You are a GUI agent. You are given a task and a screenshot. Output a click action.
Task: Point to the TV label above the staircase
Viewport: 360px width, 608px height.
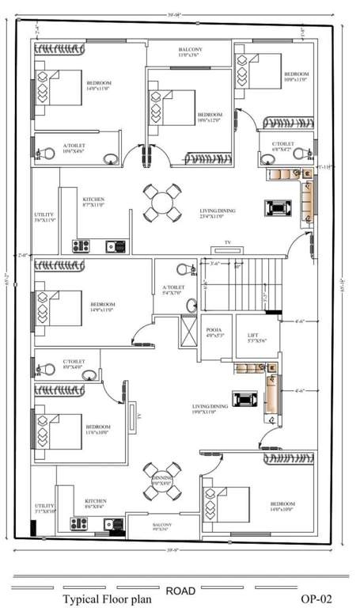(228, 241)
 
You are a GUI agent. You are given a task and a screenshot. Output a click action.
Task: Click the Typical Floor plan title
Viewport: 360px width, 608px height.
(107, 599)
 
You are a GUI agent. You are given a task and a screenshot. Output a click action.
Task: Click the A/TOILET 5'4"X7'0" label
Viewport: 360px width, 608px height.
(173, 291)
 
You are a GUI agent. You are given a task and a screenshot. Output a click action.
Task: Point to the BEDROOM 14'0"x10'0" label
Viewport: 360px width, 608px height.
(282, 507)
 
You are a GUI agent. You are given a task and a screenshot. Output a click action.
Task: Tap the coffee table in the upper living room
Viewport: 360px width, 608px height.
(279, 208)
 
